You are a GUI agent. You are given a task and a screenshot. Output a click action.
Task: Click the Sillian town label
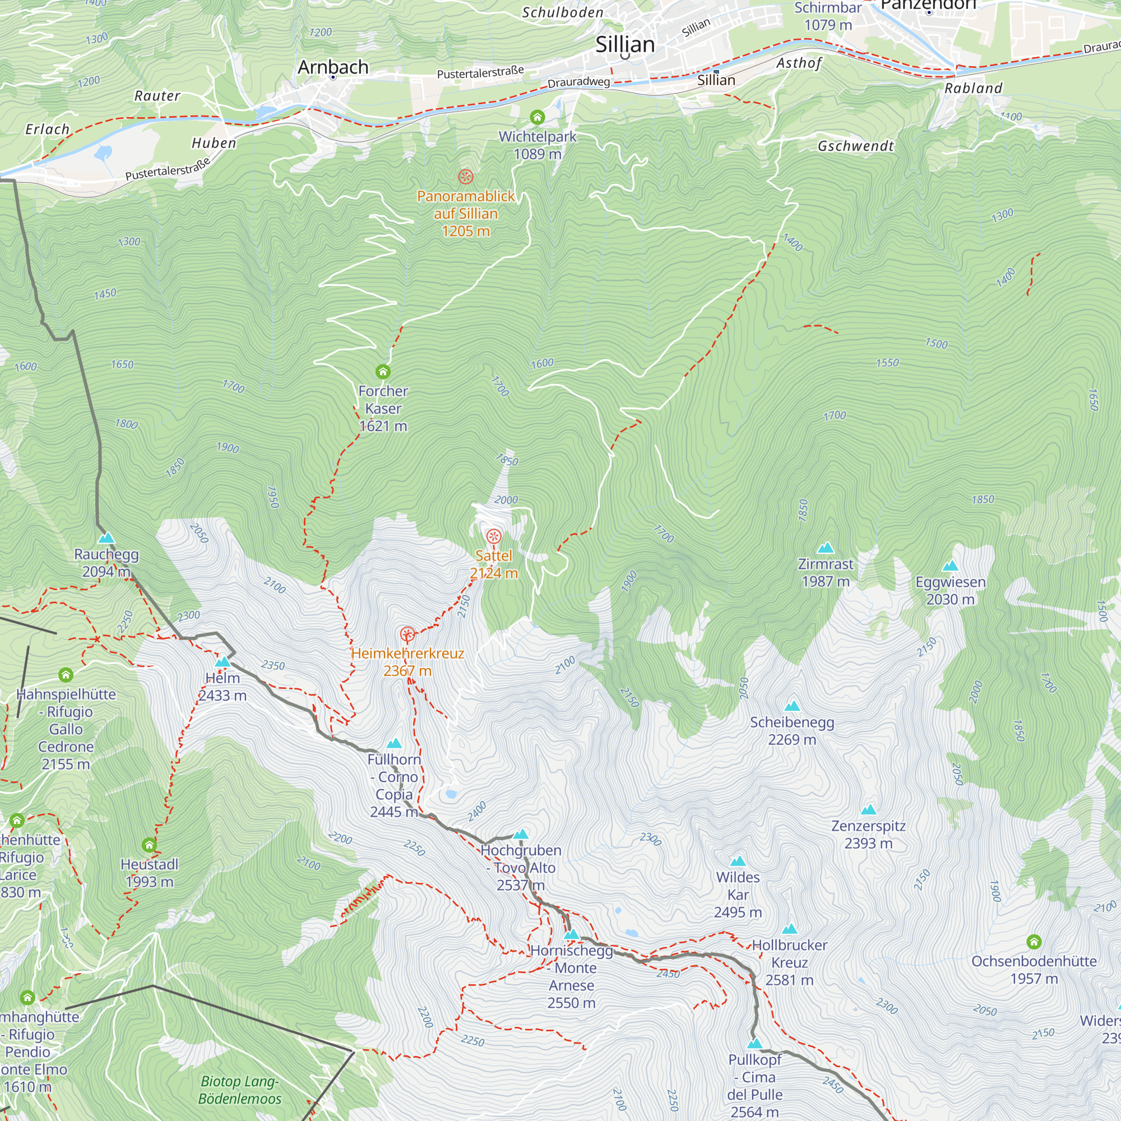pyautogui.click(x=625, y=45)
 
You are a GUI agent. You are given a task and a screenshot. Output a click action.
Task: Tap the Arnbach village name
pyautogui.click(x=333, y=67)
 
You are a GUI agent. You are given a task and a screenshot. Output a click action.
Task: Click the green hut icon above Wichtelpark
pyautogui.click(x=538, y=118)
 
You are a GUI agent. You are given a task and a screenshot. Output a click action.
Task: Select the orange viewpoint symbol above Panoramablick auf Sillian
pyautogui.click(x=465, y=177)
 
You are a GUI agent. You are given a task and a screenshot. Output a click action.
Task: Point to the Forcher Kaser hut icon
pyautogui.click(x=382, y=372)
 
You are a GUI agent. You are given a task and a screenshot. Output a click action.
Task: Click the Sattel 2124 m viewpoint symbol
pyautogui.click(x=493, y=536)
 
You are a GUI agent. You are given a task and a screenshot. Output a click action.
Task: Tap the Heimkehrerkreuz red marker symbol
pyautogui.click(x=407, y=634)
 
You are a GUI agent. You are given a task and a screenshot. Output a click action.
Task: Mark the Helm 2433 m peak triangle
pyautogui.click(x=223, y=662)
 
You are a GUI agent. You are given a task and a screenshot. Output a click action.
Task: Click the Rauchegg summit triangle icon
pyautogui.click(x=106, y=539)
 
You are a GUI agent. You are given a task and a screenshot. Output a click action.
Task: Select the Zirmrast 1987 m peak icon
pyautogui.click(x=825, y=548)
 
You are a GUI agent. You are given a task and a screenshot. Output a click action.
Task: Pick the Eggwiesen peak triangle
pyautogui.click(x=950, y=566)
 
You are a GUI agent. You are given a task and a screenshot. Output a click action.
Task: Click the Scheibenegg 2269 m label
pyautogui.click(x=791, y=730)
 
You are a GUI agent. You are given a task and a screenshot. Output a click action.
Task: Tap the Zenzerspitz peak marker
pyautogui.click(x=868, y=810)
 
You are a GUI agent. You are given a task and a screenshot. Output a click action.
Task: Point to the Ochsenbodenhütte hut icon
pyautogui.click(x=1034, y=942)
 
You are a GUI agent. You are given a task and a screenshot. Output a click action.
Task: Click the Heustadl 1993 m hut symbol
pyautogui.click(x=149, y=845)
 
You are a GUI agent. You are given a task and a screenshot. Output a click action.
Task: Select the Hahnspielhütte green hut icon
pyautogui.click(x=66, y=675)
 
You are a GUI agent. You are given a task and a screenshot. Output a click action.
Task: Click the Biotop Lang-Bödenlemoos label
pyautogui.click(x=240, y=1090)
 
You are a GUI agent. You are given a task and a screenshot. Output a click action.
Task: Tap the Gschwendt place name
pyautogui.click(x=855, y=146)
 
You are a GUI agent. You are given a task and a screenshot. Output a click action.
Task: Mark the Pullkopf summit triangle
pyautogui.click(x=754, y=1044)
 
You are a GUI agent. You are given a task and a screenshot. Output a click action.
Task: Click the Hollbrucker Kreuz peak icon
pyautogui.click(x=789, y=929)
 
